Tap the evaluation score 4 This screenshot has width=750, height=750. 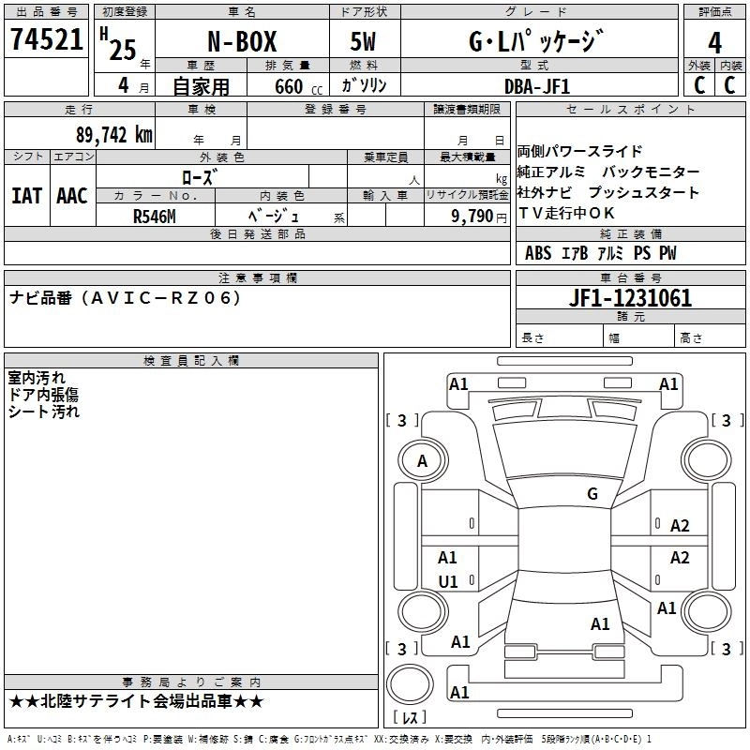click(x=715, y=42)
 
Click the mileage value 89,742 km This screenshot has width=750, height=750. click(x=113, y=134)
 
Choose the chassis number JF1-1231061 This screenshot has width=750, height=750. click(x=631, y=298)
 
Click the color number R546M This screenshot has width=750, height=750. click(x=155, y=216)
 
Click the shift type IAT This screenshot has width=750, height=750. click(x=27, y=196)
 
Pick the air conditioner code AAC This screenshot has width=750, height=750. click(x=72, y=196)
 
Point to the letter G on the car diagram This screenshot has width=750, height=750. click(x=592, y=494)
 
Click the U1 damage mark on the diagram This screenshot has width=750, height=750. click(x=448, y=581)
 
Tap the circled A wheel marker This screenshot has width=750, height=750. click(x=422, y=460)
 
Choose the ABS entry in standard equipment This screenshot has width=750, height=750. click(x=538, y=253)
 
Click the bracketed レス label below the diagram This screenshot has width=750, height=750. click(x=410, y=717)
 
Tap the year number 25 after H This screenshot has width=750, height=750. click(x=123, y=50)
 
